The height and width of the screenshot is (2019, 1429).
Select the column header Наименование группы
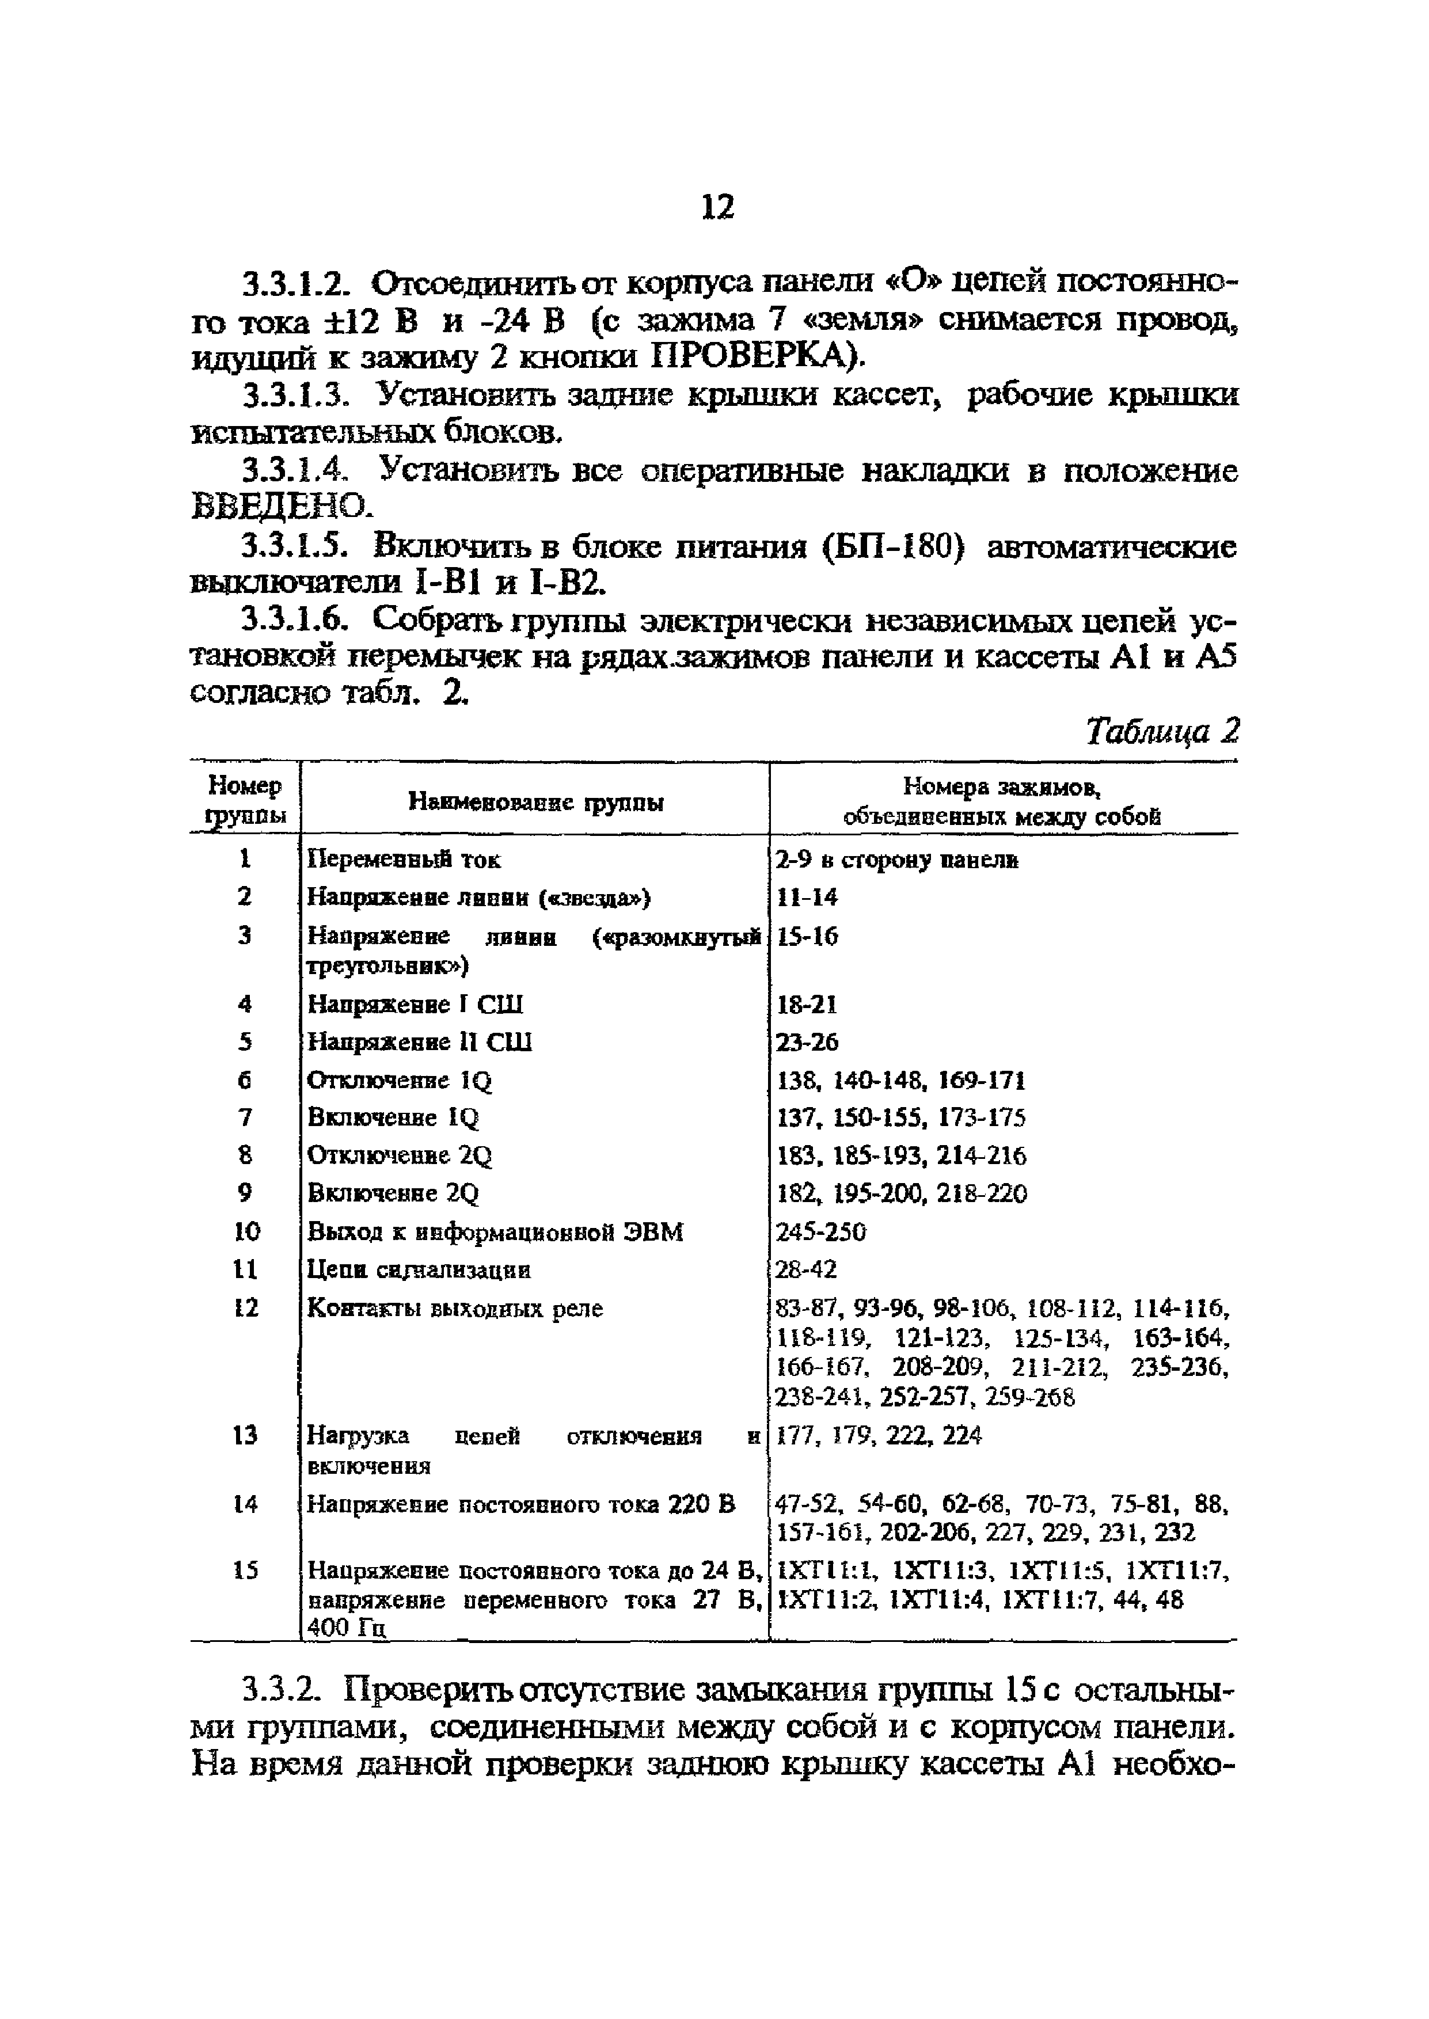[x=536, y=801]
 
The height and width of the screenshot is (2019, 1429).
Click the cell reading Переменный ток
[x=404, y=858]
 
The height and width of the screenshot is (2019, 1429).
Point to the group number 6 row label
[x=245, y=1079]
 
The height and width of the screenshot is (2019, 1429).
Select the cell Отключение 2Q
[x=400, y=1155]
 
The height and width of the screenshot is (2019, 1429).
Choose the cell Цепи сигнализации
[x=419, y=1269]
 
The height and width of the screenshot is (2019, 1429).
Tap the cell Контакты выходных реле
[x=455, y=1308]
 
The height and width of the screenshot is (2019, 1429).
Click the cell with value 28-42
[x=806, y=1269]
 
